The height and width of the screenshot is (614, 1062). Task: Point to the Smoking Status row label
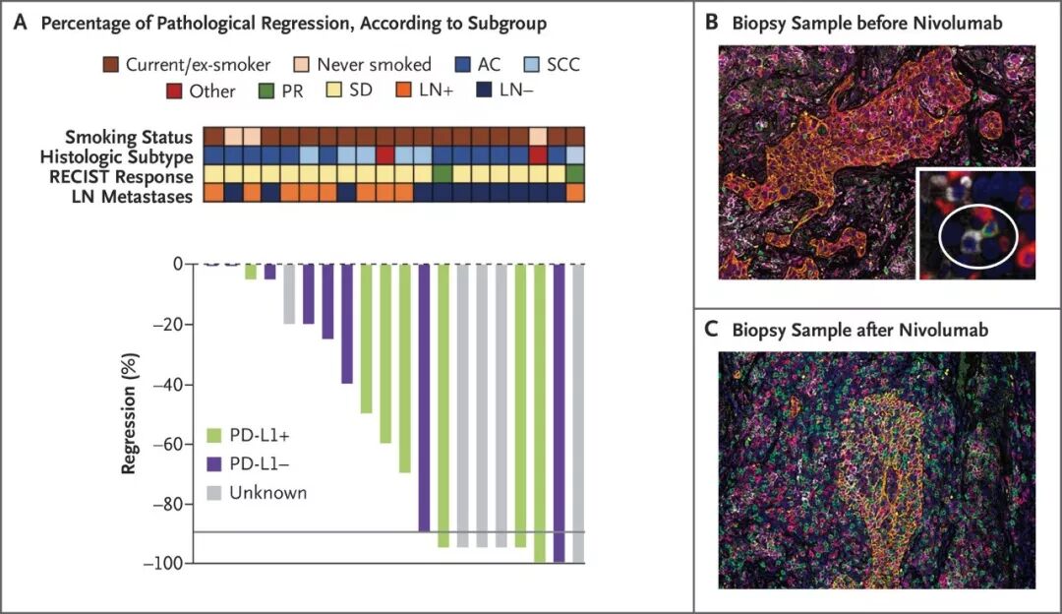click(129, 137)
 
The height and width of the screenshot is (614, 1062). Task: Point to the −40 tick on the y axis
click(169, 385)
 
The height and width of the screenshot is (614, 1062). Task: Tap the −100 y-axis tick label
click(164, 564)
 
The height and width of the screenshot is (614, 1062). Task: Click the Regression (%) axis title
click(128, 413)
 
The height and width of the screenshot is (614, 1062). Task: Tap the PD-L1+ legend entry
click(254, 434)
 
